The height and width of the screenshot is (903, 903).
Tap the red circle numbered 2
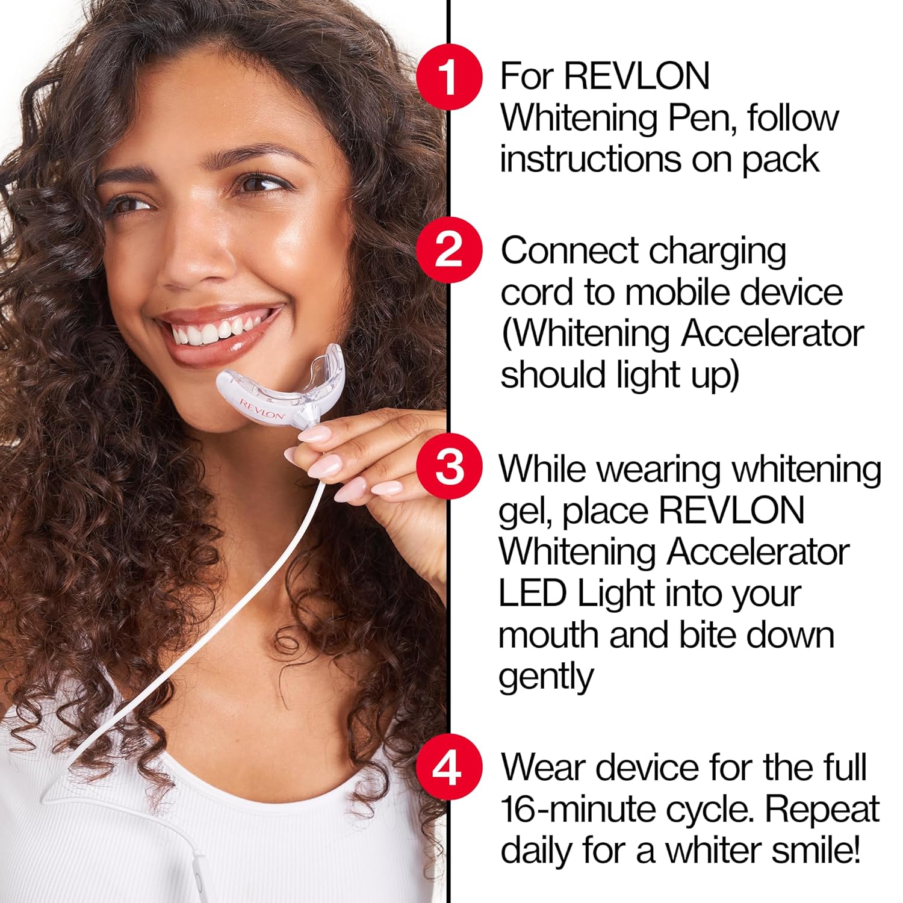(449, 250)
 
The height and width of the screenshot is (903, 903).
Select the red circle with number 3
(449, 468)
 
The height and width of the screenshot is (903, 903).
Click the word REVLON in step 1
(637, 76)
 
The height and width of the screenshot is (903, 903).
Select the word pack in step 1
(780, 160)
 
